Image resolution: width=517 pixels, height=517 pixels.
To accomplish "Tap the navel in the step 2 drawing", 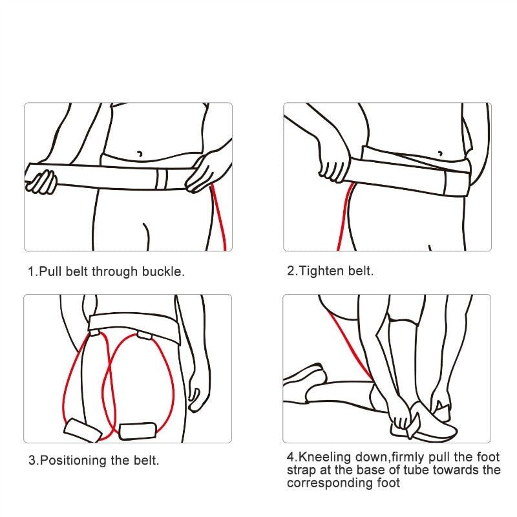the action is pos(440,153).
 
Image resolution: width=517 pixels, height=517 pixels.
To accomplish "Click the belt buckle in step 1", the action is pos(162,179).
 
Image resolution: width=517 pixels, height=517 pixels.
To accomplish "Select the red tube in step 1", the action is pos(219,217).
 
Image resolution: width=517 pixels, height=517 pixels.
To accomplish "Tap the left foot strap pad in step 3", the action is pos(83,430).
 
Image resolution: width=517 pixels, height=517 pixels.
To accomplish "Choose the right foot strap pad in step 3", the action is pos(137,430).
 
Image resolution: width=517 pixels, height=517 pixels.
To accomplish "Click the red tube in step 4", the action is pos(350,346).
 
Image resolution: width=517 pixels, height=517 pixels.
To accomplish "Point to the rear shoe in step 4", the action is pos(303,376).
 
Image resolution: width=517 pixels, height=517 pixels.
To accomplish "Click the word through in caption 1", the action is pos(114,271).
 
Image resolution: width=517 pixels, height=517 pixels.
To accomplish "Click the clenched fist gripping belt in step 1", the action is pos(41,182).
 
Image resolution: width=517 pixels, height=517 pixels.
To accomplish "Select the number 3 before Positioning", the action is pos(32,460).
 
